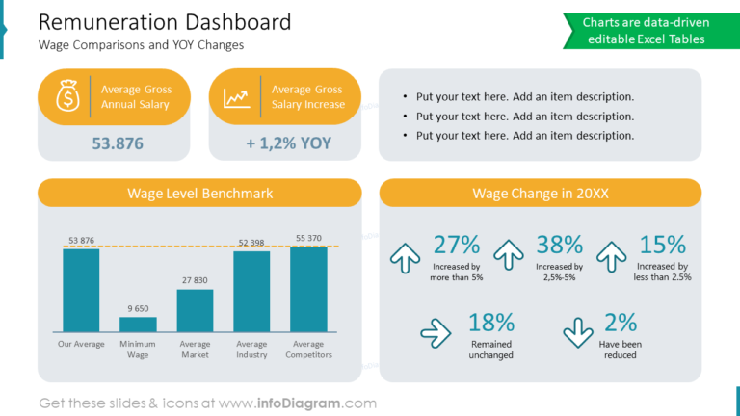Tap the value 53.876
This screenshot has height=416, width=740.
tap(118, 143)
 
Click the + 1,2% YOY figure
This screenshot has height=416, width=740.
tap(288, 143)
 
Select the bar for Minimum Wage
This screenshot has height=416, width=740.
tap(138, 325)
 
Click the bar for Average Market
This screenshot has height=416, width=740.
tap(195, 310)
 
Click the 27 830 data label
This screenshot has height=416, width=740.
tap(195, 280)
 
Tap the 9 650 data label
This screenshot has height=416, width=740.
tap(138, 309)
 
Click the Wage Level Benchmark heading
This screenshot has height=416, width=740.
tap(199, 194)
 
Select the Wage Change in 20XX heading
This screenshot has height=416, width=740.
tap(541, 194)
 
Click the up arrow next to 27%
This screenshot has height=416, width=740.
tap(405, 257)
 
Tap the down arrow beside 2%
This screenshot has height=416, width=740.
tap(578, 332)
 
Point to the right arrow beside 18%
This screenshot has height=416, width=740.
tap(436, 333)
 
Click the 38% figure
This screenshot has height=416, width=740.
tap(559, 246)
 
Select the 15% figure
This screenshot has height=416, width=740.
tap(663, 246)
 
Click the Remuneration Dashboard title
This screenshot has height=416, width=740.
tap(165, 22)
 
